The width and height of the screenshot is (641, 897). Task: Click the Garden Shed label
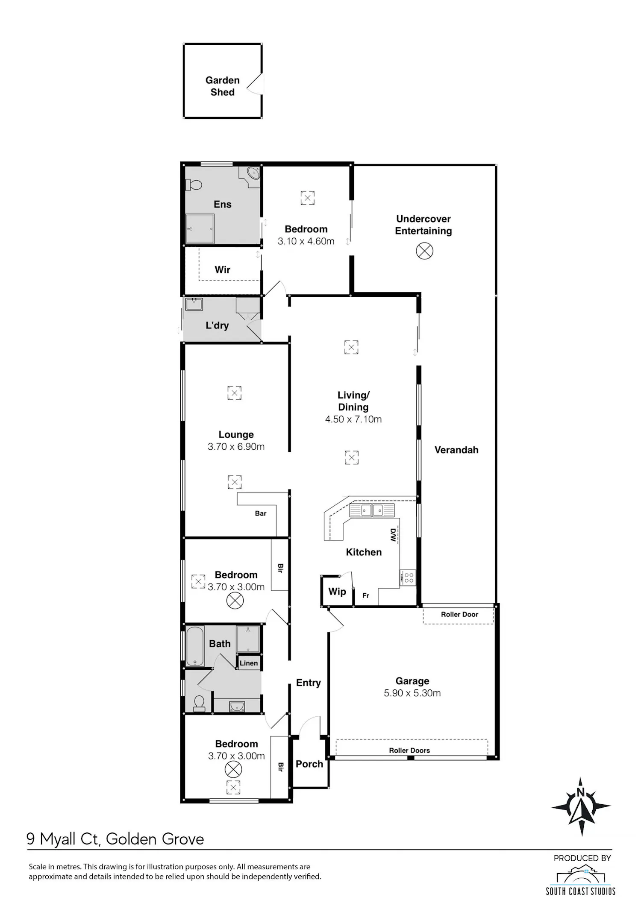point(222,86)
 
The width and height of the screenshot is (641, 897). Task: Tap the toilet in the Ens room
point(194,185)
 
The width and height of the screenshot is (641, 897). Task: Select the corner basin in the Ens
point(253,174)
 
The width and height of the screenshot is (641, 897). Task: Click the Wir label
point(222,270)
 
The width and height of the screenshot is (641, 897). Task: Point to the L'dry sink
point(194,305)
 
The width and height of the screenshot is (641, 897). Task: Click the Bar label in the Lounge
point(261,513)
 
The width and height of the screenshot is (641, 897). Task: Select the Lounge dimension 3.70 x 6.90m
point(236,447)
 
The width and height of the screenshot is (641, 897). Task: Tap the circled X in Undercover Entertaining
point(424,251)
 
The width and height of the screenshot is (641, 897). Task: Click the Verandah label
point(456,450)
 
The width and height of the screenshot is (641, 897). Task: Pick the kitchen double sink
point(372,510)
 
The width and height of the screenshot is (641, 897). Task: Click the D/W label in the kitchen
point(393,535)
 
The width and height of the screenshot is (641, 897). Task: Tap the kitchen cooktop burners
point(408,578)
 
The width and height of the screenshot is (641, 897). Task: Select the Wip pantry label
point(337,592)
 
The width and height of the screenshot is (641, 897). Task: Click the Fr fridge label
point(366,595)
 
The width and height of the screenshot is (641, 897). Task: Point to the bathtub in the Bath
point(195,646)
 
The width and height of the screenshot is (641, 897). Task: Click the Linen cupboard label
point(249,663)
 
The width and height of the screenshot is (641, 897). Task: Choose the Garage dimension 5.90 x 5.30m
point(412,693)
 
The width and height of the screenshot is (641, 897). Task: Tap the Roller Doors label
point(409,750)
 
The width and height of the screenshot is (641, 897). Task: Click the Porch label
point(309,764)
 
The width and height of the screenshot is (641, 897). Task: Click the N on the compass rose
point(581,792)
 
